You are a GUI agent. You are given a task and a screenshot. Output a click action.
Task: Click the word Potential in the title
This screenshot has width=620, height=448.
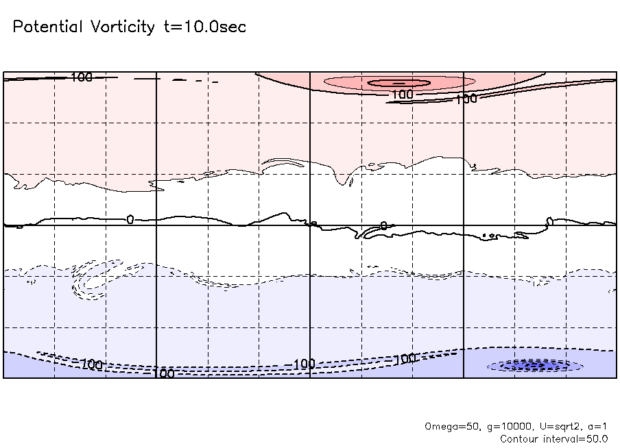coord(48,27)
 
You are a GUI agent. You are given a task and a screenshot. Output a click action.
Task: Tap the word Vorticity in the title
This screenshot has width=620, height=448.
coord(122,27)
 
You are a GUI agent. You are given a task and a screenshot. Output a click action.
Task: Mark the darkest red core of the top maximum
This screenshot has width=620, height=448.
coord(398,83)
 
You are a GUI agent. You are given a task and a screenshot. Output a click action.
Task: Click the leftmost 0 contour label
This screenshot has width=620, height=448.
coord(130,219)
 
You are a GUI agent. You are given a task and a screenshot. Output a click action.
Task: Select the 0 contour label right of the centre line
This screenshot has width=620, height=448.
coord(383,225)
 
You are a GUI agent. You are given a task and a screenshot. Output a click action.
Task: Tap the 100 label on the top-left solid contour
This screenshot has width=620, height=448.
coord(81,77)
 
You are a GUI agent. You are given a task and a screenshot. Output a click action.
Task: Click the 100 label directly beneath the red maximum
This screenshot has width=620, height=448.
coord(403,94)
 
